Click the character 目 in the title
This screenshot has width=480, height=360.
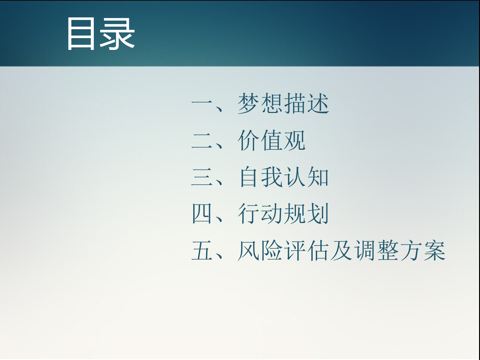pos(81,34)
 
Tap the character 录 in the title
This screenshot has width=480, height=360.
pos(117,34)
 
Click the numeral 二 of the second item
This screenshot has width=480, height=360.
pos(202,140)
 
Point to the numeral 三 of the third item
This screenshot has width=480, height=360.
pos(202,177)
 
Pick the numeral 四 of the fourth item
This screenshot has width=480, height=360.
pos(202,213)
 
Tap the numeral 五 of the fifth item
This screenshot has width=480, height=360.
pos(202,250)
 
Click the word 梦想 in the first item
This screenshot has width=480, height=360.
pos(260,103)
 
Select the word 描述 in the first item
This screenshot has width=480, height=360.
pos(306,103)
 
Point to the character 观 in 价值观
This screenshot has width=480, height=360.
pos(294,140)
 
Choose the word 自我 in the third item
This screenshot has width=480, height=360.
pos(260,177)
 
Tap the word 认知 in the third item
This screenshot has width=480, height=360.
pos(307,177)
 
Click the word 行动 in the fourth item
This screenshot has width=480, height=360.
pos(260,213)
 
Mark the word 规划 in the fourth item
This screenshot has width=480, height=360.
pos(306,213)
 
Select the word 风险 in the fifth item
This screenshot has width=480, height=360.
pos(260,250)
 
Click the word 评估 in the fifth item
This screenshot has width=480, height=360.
pos(306,250)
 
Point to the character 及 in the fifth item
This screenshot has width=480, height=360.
pos(341,250)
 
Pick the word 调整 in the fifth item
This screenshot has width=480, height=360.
pos(376,250)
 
